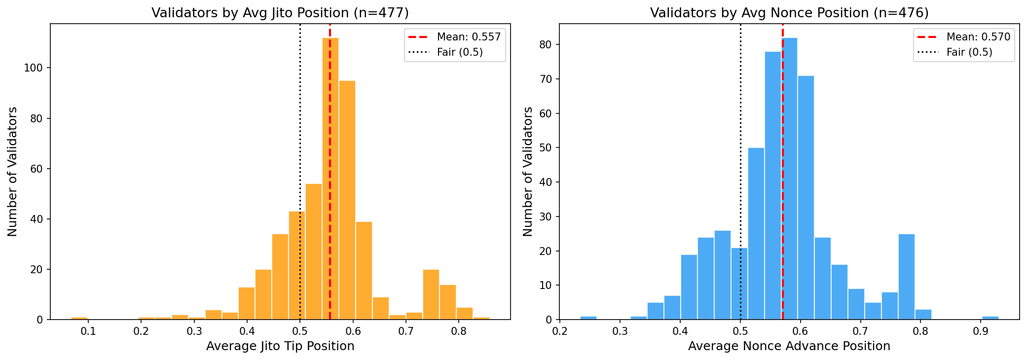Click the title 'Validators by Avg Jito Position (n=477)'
pyautogui.click(x=280, y=13)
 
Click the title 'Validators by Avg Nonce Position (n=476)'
pyautogui.click(x=789, y=13)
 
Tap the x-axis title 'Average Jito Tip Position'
pyautogui.click(x=280, y=346)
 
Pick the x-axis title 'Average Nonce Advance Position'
pyautogui.click(x=789, y=346)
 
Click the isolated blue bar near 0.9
pyautogui.click(x=990, y=318)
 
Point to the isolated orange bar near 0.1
pyautogui.click(x=79, y=318)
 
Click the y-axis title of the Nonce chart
pyautogui.click(x=527, y=172)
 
